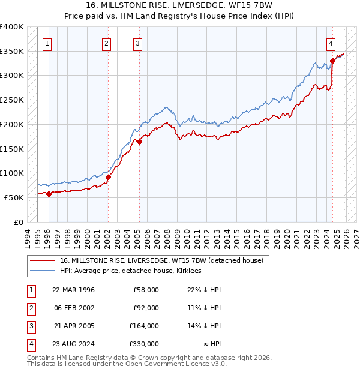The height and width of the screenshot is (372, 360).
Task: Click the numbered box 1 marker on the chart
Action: coord(47,43)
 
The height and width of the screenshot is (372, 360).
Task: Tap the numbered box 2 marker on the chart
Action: coord(106,43)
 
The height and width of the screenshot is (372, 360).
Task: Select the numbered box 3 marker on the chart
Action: coord(137,43)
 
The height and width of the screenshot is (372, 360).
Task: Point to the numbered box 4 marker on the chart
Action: coord(331,43)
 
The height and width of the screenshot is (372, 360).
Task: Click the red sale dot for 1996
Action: coord(49,193)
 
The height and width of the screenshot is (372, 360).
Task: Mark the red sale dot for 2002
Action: coord(108,177)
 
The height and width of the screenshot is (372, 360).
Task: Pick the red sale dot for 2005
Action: coord(139,142)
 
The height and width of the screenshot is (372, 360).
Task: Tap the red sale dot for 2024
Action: coord(332,61)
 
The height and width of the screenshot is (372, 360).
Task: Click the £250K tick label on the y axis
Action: coord(12,100)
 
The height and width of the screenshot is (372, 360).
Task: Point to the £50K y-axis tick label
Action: coord(14,197)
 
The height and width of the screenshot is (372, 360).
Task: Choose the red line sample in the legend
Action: coord(42,260)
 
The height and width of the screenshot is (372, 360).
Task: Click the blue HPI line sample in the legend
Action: coord(42,271)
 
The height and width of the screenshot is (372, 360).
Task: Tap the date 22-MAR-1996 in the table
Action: coord(73,290)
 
